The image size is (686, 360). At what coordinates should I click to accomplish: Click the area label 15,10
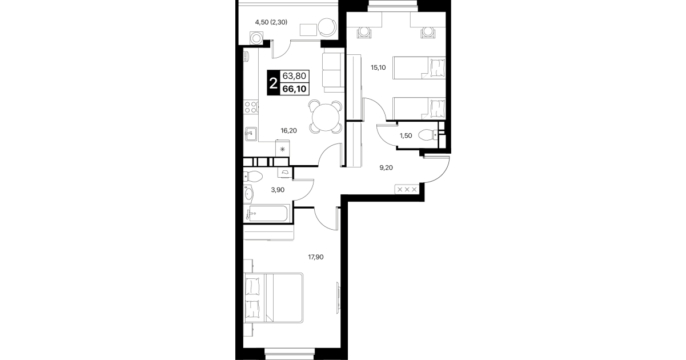378,67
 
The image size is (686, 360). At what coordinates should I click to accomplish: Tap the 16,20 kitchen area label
288,131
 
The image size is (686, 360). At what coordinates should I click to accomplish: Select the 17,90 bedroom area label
316,257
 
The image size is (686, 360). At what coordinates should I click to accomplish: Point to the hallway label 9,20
386,167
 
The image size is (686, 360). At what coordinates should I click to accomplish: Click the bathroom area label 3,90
278,190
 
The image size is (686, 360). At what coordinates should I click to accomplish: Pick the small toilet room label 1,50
406,136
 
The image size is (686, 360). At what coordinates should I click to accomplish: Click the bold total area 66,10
294,89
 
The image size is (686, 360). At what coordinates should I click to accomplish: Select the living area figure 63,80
294,75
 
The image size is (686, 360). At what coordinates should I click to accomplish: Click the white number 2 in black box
273,83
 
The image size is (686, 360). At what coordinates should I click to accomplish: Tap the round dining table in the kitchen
326,117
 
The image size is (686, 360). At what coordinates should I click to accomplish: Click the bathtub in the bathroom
267,213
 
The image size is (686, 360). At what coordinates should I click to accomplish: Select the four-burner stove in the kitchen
251,107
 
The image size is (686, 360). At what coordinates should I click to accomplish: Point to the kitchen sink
251,134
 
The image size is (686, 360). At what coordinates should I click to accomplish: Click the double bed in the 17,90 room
274,298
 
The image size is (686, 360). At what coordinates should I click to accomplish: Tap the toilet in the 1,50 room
428,135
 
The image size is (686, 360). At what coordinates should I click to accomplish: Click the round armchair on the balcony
327,27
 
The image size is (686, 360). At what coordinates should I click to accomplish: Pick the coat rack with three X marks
407,189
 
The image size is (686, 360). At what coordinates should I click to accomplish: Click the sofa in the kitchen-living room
333,73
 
